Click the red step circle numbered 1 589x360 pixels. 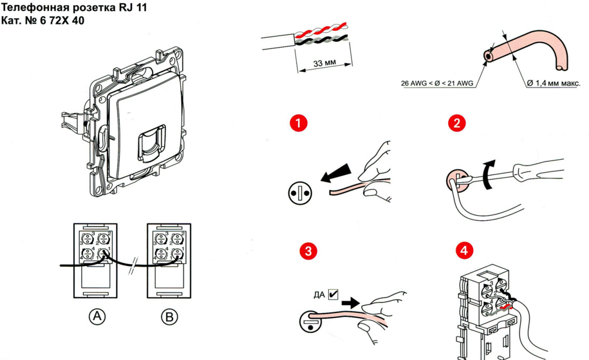coord(297,124)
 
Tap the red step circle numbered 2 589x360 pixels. coord(457,124)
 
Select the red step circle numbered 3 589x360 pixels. coord(310,252)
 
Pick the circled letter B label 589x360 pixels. coord(169,316)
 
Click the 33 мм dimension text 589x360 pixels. coord(324,64)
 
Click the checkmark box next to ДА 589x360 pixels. coord(333,294)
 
